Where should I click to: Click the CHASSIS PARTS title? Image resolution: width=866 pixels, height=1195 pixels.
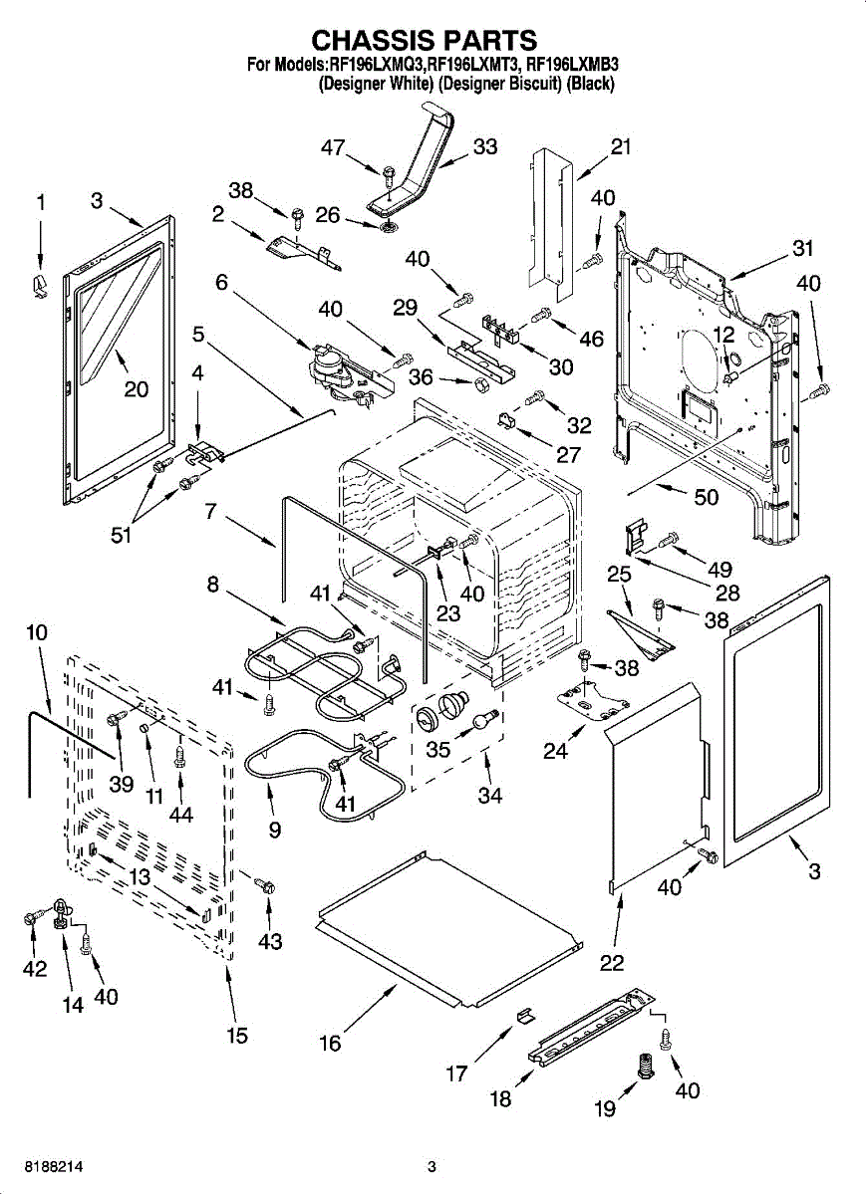coord(425,40)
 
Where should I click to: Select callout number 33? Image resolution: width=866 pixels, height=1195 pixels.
coord(484,146)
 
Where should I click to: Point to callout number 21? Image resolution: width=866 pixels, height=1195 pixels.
coord(621,146)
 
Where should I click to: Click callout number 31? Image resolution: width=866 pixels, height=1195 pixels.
coord(803,248)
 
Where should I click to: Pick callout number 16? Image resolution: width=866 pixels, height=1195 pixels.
coord(330,1043)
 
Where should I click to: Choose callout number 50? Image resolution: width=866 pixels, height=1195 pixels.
coord(706,497)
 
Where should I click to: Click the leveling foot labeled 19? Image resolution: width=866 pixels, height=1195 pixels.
coord(645,1068)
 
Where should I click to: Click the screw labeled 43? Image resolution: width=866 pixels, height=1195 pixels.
coord(266,885)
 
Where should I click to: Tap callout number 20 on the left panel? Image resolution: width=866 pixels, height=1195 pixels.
coord(137,388)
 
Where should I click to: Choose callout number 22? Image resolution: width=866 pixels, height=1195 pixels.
coord(612,963)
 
